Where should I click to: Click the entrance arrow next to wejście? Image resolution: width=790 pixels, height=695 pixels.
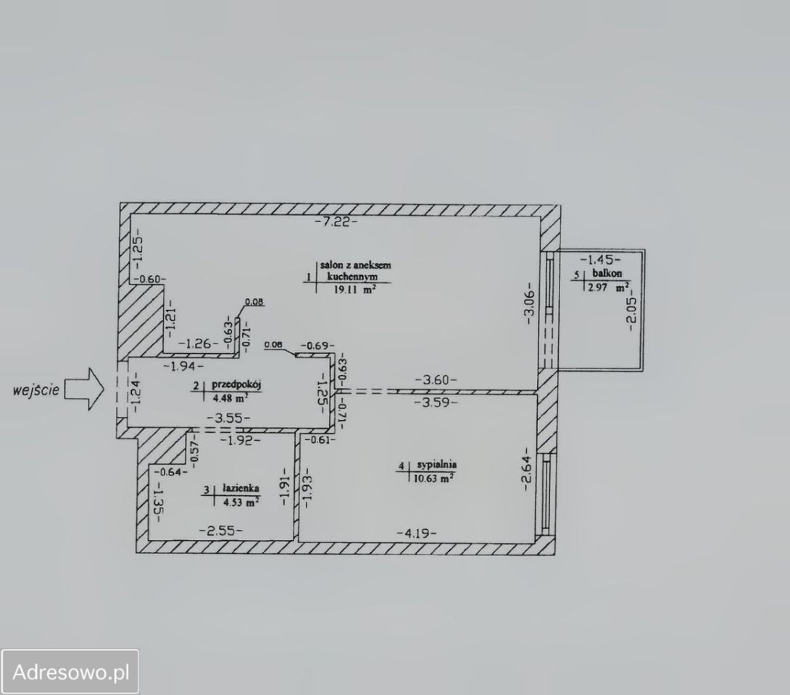click(84, 389)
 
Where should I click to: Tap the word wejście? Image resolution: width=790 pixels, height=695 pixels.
click(36, 390)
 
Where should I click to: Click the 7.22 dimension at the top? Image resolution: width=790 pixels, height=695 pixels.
click(336, 222)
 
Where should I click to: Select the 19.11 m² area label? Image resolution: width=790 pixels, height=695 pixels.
click(354, 290)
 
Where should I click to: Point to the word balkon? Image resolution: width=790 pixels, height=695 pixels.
click(607, 273)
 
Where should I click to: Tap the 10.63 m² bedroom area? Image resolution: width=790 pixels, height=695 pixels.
click(433, 479)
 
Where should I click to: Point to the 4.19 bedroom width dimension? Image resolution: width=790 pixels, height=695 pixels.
click(416, 533)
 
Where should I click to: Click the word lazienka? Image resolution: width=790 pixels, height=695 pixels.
click(241, 488)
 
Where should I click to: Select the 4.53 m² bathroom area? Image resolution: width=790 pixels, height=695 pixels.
click(241, 501)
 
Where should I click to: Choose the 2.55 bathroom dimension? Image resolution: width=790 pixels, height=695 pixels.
click(221, 531)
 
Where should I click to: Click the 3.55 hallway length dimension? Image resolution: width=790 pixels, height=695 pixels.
click(229, 417)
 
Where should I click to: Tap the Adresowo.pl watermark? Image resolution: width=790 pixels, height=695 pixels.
click(70, 673)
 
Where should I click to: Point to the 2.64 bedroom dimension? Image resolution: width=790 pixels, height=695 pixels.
click(526, 468)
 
